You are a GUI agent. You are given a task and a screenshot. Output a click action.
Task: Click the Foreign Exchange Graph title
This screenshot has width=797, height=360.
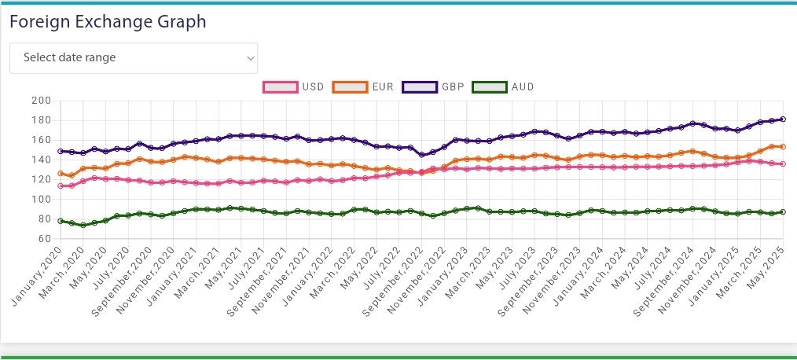(108, 22)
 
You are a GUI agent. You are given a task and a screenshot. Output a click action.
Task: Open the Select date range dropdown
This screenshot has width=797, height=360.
(134, 58)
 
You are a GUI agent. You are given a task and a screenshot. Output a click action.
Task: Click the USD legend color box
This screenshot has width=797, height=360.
(281, 87)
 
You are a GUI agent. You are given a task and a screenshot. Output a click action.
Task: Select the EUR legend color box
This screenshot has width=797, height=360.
(351, 87)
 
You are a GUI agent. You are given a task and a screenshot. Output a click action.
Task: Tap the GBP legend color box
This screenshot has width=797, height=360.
(420, 87)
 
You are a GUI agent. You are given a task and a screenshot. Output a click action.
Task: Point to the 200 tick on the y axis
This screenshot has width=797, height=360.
(41, 101)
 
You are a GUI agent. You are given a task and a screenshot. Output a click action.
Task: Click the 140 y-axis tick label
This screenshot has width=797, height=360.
(41, 160)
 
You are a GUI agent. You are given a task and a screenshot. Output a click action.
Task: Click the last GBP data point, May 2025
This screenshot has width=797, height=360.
(784, 119)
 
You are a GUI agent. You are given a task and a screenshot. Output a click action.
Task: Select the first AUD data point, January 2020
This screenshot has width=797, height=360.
(61, 221)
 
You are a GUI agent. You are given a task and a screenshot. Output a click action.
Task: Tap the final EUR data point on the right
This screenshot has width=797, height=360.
(784, 147)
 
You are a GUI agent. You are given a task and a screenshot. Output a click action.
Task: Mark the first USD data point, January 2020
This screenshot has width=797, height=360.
(61, 186)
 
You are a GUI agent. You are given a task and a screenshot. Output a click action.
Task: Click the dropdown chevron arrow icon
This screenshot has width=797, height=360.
(251, 58)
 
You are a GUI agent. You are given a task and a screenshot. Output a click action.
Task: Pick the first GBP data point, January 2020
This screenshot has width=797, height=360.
(61, 151)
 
